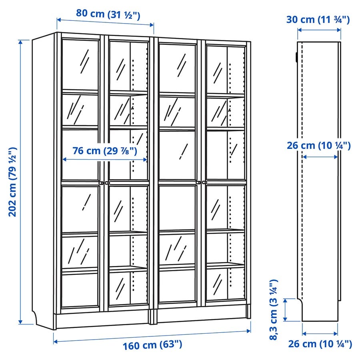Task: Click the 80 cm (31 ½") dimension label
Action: (108, 14)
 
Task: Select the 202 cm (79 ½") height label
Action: (13, 182)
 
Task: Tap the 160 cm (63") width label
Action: (152, 345)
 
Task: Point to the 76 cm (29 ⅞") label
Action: (105, 151)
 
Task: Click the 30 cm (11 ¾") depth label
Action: (318, 20)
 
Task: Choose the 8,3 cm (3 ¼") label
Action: (274, 310)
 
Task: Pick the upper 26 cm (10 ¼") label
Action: (319, 145)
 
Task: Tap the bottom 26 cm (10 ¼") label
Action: (320, 344)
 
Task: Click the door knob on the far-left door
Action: (101, 183)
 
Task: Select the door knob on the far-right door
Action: (204, 182)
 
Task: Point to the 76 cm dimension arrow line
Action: (105, 159)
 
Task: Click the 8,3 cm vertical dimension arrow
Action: (285, 310)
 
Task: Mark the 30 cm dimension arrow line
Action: (319, 30)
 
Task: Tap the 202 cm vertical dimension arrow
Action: (21, 182)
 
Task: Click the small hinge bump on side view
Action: (296, 57)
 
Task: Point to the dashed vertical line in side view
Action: (302, 170)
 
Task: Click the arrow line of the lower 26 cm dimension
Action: (320, 333)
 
